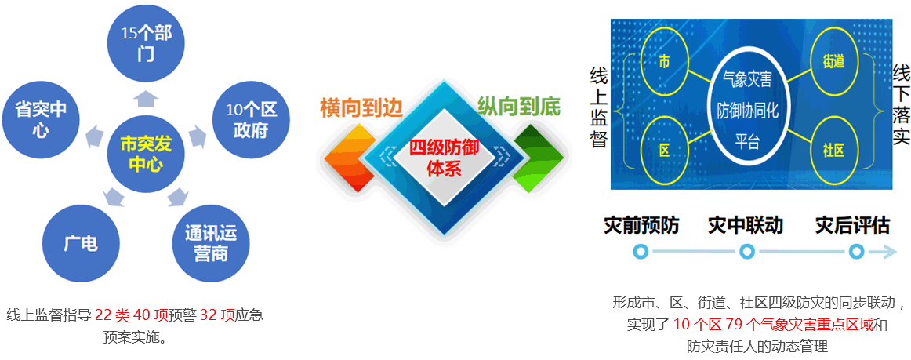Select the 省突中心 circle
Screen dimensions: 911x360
pos(40,120)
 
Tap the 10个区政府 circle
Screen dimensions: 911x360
pos(250,120)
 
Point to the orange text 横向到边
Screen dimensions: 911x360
pos(361,108)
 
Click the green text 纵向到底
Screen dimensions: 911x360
pos(518,107)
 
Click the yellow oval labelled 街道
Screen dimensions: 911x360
pos(833,61)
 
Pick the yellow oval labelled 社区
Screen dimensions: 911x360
pos(833,150)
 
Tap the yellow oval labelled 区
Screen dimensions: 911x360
pos(665,150)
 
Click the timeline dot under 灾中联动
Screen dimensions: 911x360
pos(747,251)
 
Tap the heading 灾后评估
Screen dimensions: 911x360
pos(852,225)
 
